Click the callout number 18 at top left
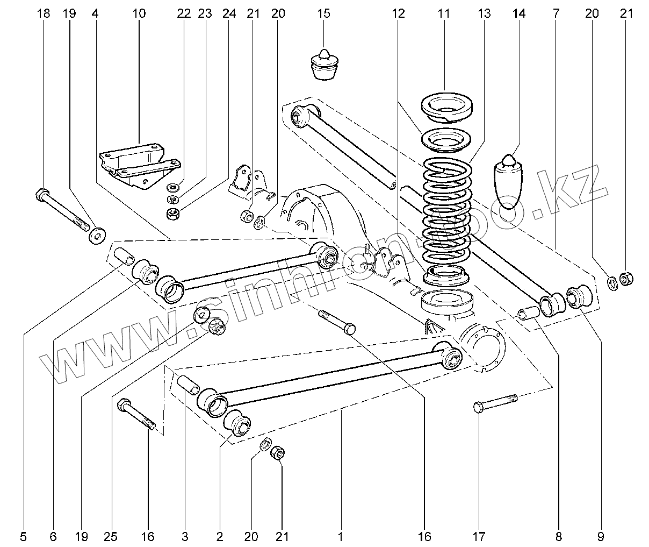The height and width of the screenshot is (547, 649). pos(44,13)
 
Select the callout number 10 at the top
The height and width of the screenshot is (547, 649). pos(139,13)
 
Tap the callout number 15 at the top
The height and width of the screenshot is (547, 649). pos(323,13)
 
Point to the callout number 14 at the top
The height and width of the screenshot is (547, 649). pos(519,13)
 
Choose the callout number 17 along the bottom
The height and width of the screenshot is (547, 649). pos(479,536)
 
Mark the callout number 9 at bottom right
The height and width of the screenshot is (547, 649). pos(601,536)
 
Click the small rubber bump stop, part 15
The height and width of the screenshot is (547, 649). pos(324,65)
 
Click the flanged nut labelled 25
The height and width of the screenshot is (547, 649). pos(217,325)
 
